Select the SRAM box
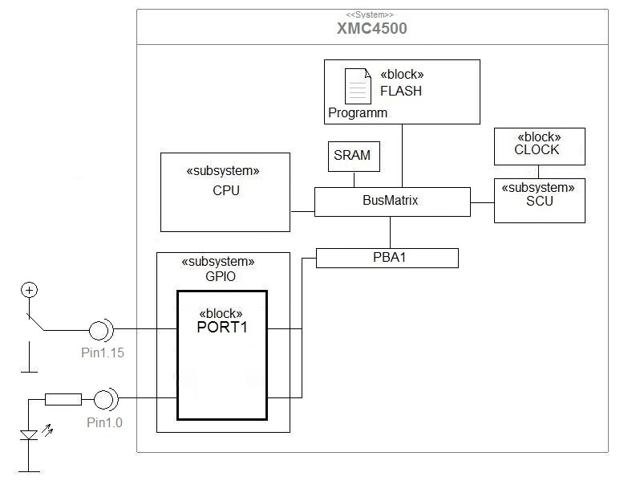coord(353,156)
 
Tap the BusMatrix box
coord(391,202)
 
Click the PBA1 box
coord(387,258)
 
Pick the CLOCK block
coord(538,145)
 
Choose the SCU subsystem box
coord(539,201)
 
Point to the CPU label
coord(225,191)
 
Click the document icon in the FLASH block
coord(358,85)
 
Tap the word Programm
coord(358,113)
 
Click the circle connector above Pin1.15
coord(100,329)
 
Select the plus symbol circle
coord(29,290)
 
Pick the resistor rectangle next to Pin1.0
coord(63,398)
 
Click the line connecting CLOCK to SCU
coord(538,171)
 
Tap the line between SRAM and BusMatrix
coord(353,180)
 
